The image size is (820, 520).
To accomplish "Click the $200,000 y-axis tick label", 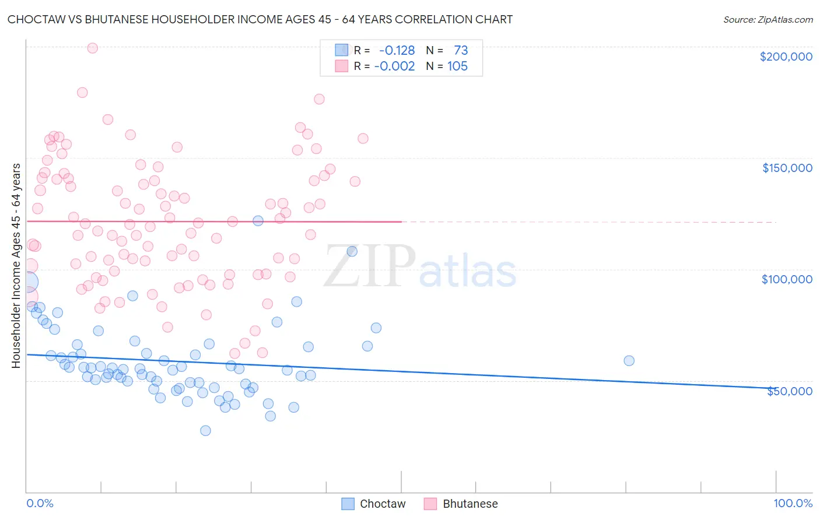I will (x=786, y=57).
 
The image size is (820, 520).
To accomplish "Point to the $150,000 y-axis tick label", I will (x=787, y=168).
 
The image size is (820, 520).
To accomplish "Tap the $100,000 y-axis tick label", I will (x=787, y=279).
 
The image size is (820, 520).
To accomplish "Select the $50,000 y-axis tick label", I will (x=789, y=391).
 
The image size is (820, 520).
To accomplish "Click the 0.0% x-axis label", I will (x=40, y=503).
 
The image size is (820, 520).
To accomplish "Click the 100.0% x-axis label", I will (x=793, y=503).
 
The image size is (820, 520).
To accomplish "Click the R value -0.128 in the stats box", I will (x=397, y=51).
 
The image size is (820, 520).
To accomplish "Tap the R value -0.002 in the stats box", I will (x=394, y=66).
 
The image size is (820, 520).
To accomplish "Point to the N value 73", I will (x=461, y=51).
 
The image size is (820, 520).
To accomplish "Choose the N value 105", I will (x=457, y=66).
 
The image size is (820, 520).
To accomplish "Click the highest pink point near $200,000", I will (x=92, y=48).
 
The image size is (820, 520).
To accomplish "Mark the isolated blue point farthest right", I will (x=629, y=360).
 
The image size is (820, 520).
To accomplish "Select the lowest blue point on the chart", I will (x=205, y=430).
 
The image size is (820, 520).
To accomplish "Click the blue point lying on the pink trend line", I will (x=258, y=220).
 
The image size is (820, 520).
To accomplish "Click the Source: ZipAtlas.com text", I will (x=768, y=20).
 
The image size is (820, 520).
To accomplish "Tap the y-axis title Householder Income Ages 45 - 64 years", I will (x=16, y=266).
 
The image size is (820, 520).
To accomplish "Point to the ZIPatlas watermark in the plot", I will (x=420, y=267).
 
